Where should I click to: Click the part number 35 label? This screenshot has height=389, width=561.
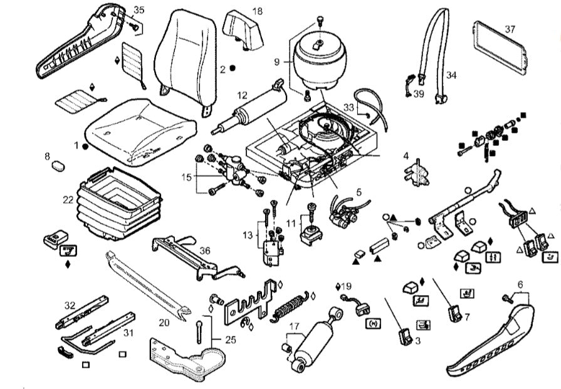tap(139, 10)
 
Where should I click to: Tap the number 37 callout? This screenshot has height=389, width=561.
tap(510, 29)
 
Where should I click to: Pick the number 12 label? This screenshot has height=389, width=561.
tap(243, 96)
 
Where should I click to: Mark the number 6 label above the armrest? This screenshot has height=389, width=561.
tap(520, 284)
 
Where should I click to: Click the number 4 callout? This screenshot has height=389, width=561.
tap(406, 155)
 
